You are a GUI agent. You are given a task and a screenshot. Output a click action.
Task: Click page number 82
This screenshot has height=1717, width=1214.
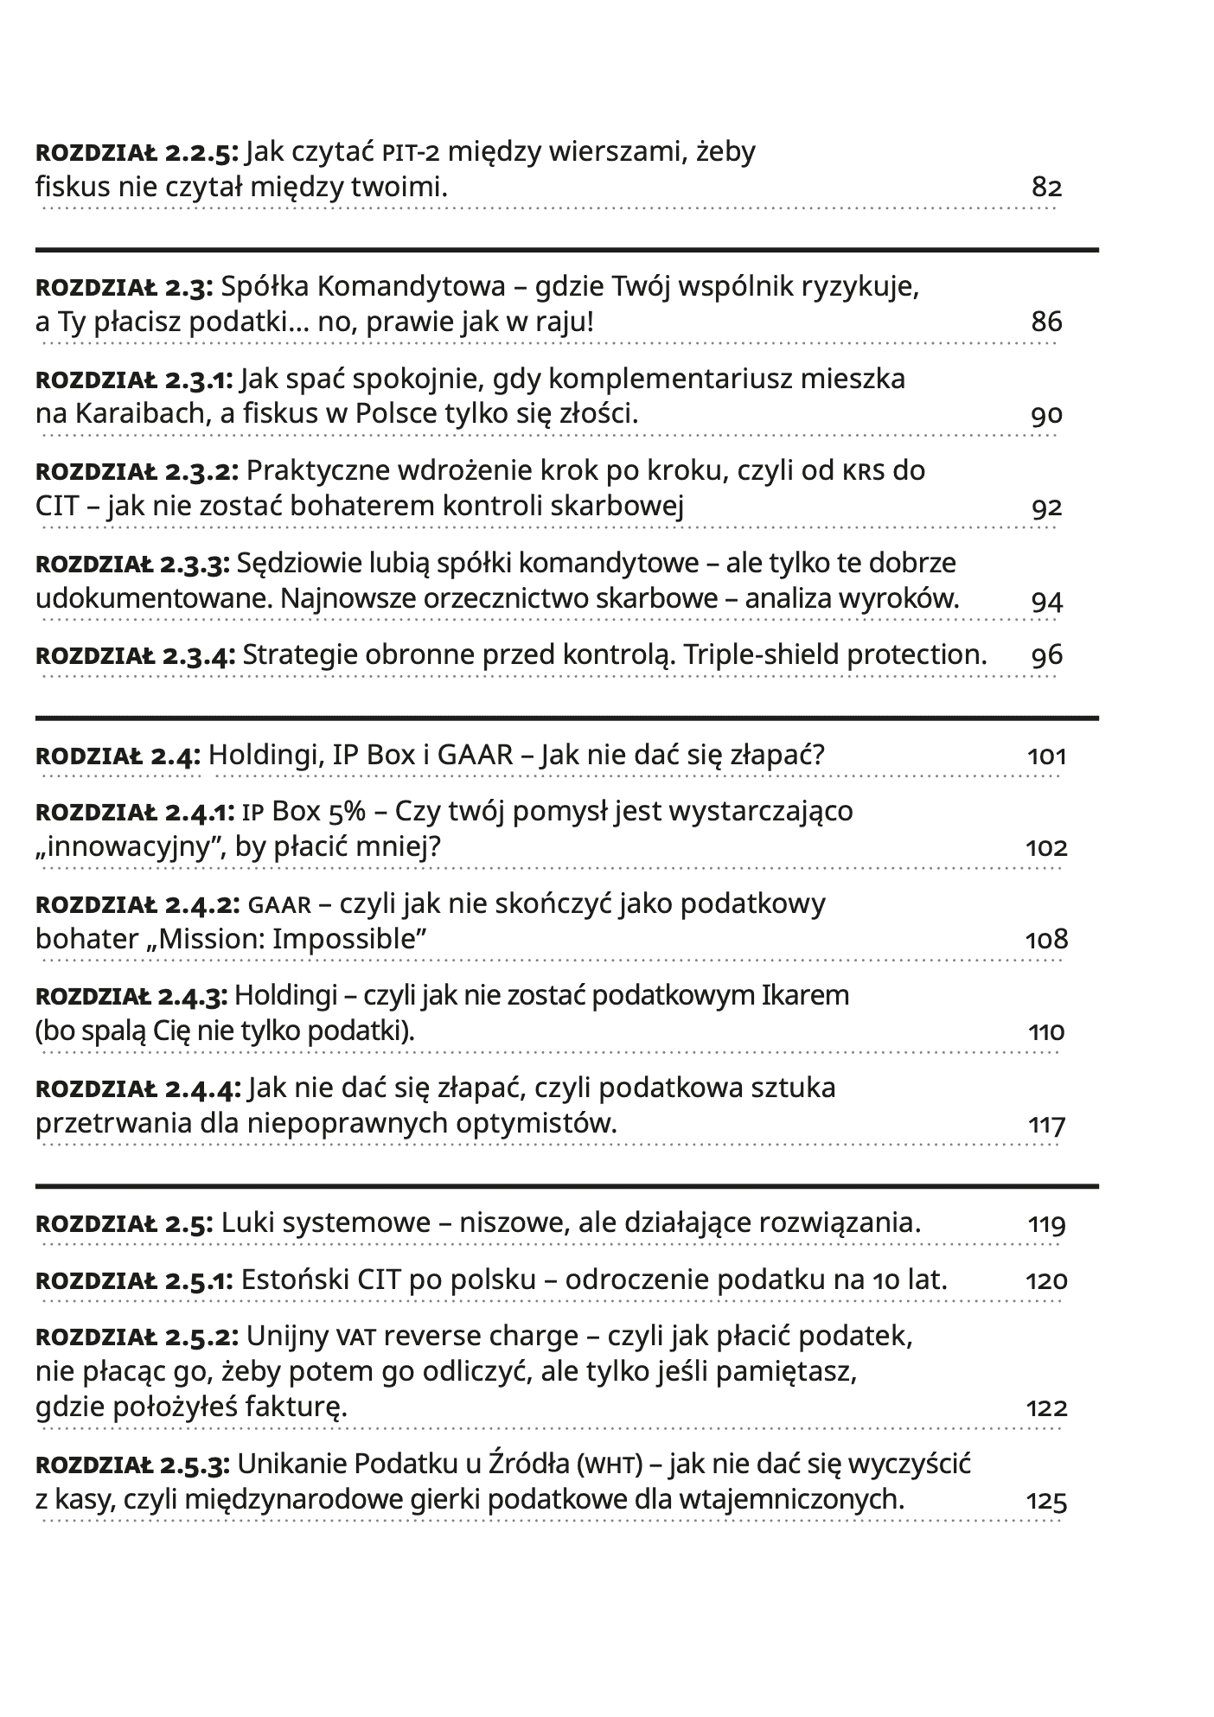tap(1046, 188)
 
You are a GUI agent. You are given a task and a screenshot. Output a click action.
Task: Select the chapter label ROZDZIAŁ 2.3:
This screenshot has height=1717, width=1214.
tap(125, 287)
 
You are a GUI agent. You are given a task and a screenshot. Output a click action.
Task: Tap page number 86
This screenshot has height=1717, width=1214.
tap(1046, 322)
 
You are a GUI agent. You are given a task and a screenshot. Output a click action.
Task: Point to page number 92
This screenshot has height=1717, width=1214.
tap(1046, 507)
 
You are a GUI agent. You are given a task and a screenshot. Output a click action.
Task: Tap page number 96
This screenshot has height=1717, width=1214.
tap(1046, 655)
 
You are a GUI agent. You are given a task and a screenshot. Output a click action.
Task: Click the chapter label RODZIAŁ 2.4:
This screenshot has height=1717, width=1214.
tap(118, 756)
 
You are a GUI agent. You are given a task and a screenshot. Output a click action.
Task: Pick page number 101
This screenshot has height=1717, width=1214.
tap(1046, 757)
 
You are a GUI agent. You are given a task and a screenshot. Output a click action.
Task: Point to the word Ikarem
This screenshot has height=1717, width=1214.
tap(805, 996)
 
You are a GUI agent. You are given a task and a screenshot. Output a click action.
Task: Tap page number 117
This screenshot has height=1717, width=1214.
tap(1046, 1126)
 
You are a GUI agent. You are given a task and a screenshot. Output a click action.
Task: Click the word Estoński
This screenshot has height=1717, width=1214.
tap(297, 1280)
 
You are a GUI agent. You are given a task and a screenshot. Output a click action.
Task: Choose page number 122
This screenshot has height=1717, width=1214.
tap(1046, 1408)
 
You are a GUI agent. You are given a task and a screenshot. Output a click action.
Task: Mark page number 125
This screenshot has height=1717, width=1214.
tap(1046, 1501)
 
